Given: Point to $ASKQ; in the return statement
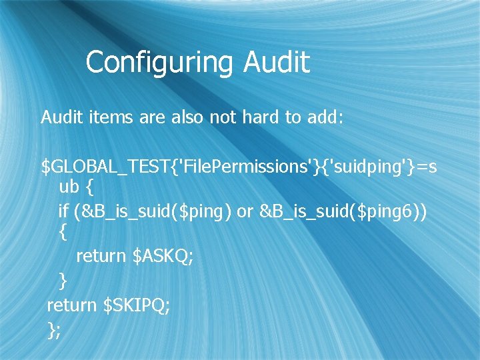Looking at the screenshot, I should coord(164,257).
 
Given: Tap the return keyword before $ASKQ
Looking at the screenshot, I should coord(101,257).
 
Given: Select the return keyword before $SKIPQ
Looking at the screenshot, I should coord(71,305).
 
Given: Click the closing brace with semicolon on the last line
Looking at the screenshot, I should coord(54,329).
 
